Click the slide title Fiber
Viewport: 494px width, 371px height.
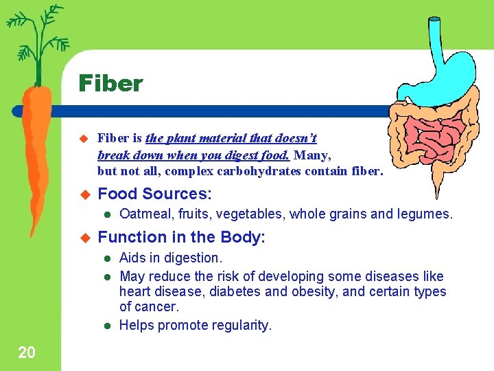[x=110, y=84]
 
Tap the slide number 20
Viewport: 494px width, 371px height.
[x=27, y=353]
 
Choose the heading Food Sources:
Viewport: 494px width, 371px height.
[x=154, y=193]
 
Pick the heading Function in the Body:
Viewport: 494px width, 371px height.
[x=182, y=237]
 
